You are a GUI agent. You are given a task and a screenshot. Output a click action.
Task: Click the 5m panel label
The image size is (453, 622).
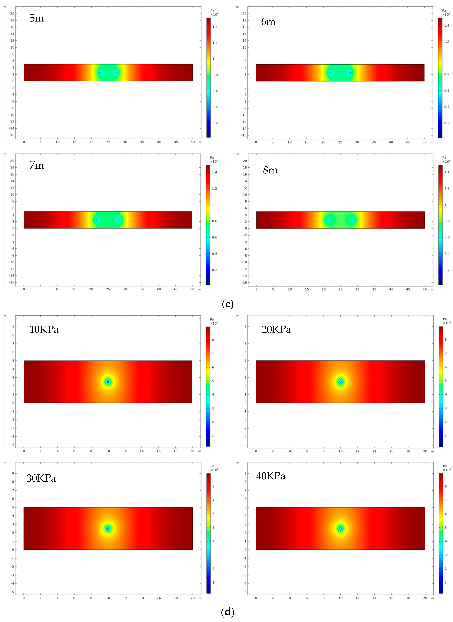[36, 18]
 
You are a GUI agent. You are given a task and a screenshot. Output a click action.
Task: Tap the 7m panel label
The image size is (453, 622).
[36, 165]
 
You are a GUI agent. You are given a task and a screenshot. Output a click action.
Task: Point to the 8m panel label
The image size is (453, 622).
[270, 170]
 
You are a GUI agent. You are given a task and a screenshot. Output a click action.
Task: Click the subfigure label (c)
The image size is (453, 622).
[227, 304]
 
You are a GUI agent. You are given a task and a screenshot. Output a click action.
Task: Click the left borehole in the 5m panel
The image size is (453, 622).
[100, 73]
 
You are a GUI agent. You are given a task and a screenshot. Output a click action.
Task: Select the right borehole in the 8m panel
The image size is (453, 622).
[354, 220]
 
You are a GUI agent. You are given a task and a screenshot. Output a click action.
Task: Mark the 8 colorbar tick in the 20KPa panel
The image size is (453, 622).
[446, 340]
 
